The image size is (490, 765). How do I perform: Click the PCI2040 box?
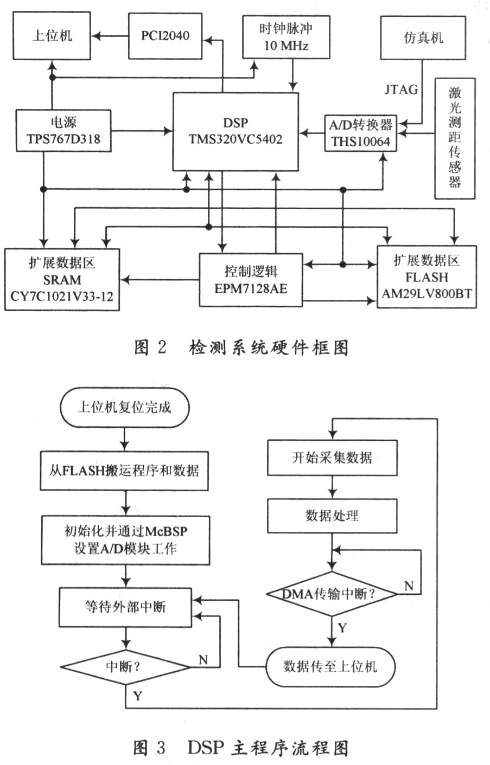[166, 36]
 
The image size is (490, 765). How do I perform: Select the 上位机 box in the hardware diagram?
[52, 36]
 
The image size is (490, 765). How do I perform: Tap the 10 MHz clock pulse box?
[286, 36]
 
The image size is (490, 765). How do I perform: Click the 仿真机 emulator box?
[423, 37]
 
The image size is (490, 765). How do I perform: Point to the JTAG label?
[402, 89]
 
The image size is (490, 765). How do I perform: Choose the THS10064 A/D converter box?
[361, 133]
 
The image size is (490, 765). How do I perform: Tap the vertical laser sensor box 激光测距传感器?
[454, 138]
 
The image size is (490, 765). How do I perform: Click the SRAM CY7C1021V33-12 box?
[62, 280]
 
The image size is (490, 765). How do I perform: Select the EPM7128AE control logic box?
[251, 280]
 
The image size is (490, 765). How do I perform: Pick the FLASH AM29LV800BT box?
[427, 277]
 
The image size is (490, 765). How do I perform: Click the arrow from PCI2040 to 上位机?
[110, 36]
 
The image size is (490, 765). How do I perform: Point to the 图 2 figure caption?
[241, 348]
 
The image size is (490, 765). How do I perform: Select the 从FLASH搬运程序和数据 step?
[125, 471]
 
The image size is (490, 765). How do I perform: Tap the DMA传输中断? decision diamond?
[332, 594]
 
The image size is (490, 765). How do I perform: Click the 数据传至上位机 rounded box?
[330, 666]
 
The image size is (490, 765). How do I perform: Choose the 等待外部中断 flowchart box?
[125, 607]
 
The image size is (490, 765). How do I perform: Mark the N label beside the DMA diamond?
[409, 586]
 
